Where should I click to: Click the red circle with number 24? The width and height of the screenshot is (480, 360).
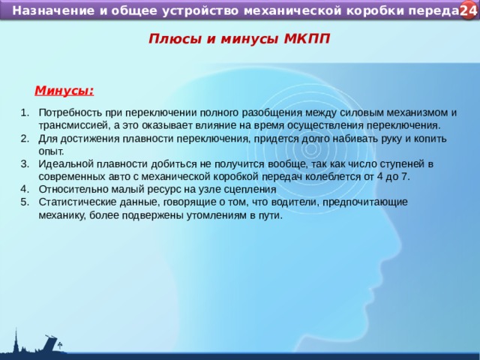pyautogui.click(x=468, y=10)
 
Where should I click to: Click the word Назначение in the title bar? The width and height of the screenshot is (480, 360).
pyautogui.click(x=52, y=11)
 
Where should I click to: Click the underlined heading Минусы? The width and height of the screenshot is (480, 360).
pyautogui.click(x=64, y=91)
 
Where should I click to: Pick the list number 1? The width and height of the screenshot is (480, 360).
pyautogui.click(x=24, y=112)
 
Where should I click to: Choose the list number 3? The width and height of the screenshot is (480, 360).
pyautogui.click(x=24, y=163)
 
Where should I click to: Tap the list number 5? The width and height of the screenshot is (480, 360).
pyautogui.click(x=24, y=202)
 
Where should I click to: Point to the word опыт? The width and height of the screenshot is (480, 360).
pyautogui.click(x=50, y=151)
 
